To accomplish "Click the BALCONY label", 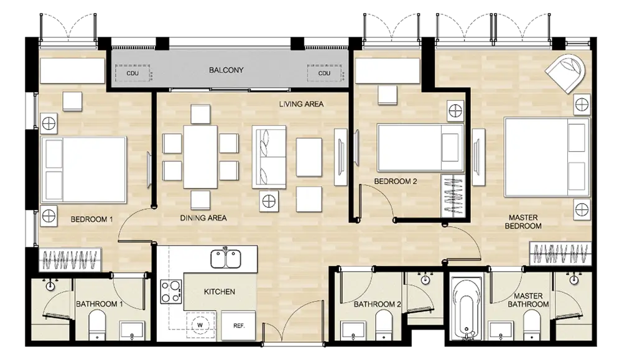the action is click(x=226, y=70).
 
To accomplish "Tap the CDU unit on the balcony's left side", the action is click(x=132, y=73).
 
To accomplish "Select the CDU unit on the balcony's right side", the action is click(x=324, y=73).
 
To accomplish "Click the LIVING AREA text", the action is click(x=301, y=104).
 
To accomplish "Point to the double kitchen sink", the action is click(x=226, y=259).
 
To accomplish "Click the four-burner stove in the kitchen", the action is click(x=171, y=292).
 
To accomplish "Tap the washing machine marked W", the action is click(x=200, y=325).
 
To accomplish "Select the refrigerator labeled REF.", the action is click(x=238, y=326).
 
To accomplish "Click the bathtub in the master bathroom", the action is click(x=467, y=308).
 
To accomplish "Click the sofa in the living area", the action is click(x=269, y=157).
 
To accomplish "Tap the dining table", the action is click(x=200, y=157).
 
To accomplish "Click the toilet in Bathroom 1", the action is click(x=97, y=325).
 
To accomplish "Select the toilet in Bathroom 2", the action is click(x=384, y=325).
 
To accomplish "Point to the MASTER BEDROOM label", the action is click(x=523, y=222).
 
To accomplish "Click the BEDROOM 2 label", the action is click(x=396, y=182).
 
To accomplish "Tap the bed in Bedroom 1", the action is click(x=84, y=170).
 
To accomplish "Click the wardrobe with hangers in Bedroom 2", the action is click(x=453, y=196).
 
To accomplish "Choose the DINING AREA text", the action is click(x=203, y=218).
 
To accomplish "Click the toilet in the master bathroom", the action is click(x=532, y=325).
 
